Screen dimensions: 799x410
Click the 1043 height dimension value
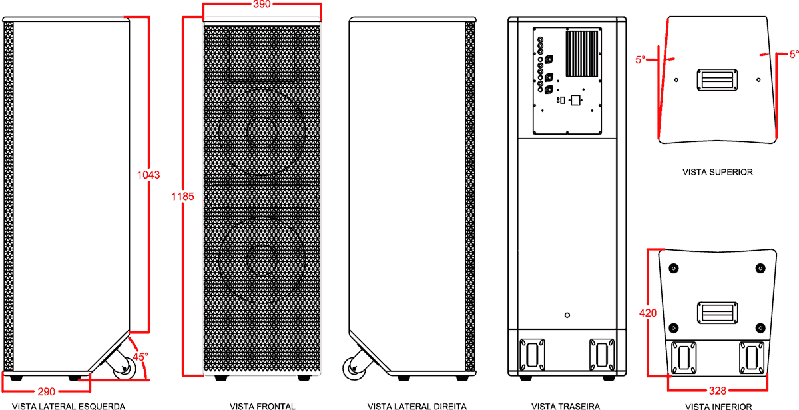tap(148, 175)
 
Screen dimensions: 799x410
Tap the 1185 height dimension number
tap(182, 197)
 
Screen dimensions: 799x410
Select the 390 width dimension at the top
tap(262, 4)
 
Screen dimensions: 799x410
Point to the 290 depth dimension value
tap(47, 392)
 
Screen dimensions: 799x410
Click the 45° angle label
tap(140, 357)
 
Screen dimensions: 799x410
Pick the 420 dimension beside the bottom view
tap(648, 313)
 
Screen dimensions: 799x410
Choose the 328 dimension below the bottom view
tap(718, 391)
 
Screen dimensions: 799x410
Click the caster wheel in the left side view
tap(124, 368)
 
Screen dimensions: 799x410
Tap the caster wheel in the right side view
tap(354, 368)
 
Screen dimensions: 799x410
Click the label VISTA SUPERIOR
tap(718, 172)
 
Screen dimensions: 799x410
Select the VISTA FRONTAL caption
tap(262, 407)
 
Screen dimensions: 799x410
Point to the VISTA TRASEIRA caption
tap(566, 407)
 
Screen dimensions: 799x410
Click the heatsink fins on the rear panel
tap(582, 54)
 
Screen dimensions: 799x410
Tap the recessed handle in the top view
tap(717, 80)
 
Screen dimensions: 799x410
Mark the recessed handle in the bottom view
tap(718, 313)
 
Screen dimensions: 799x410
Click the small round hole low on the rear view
tap(567, 315)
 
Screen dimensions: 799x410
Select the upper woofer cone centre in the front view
tap(262, 132)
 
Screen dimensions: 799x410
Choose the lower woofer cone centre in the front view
tap(262, 260)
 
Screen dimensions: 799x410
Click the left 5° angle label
tap(641, 59)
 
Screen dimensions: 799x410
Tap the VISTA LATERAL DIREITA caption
tap(417, 407)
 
